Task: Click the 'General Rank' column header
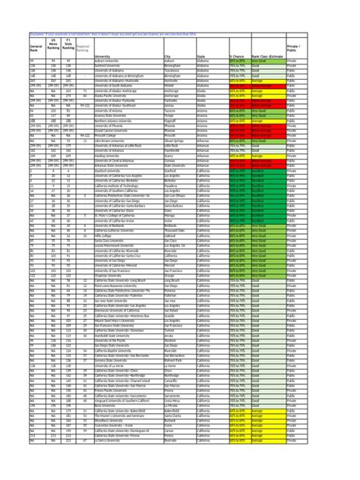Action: (x=36, y=49)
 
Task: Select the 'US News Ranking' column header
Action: (x=52, y=46)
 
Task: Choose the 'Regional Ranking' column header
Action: (x=84, y=49)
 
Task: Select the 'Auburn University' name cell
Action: (x=109, y=62)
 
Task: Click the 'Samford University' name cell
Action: (x=110, y=67)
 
